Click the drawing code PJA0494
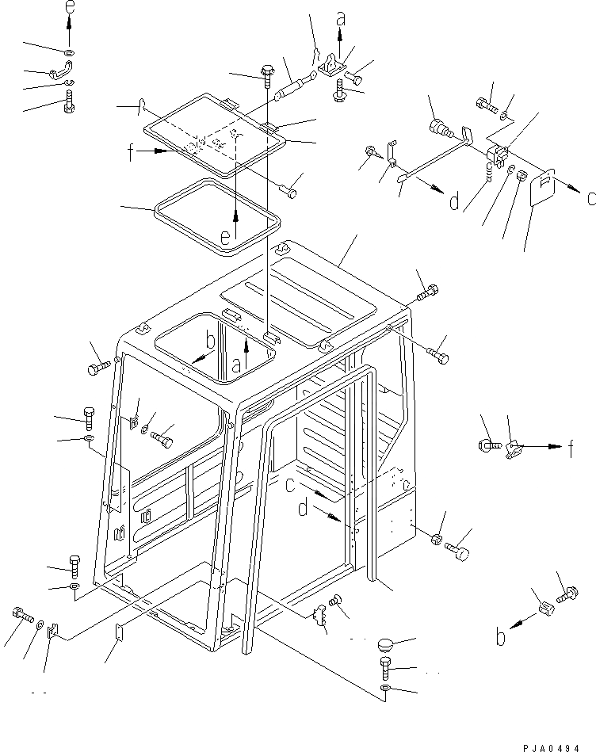[554, 740]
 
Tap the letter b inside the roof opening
[209, 341]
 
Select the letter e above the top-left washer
[69, 9]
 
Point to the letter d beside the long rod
[453, 202]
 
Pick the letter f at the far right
[571, 449]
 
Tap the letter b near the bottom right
[499, 636]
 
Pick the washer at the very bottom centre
[385, 691]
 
